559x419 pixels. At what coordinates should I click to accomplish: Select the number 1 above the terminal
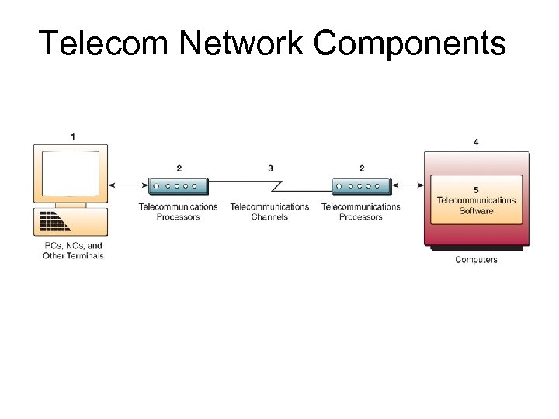73,137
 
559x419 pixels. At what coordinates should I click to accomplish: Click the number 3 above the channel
270,168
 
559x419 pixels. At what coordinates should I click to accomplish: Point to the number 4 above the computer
476,141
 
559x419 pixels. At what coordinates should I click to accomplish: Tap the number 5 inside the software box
476,189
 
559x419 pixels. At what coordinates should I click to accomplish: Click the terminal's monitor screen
71,173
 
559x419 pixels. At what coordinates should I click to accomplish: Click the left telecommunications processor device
179,186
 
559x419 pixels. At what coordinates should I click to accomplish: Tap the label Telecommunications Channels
269,212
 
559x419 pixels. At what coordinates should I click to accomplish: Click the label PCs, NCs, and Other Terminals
73,251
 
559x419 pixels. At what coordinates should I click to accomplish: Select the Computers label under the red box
476,259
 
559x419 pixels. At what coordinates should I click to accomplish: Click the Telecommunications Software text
476,206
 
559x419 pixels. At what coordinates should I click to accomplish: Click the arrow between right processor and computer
410,185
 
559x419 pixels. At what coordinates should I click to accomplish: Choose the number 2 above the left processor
179,168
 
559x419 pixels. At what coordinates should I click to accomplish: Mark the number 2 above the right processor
362,168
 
